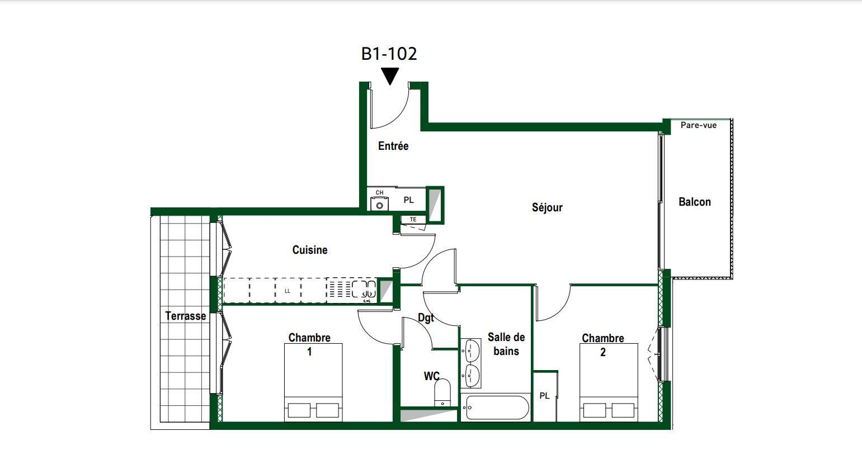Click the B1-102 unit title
pyautogui.click(x=389, y=54)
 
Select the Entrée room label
pyautogui.click(x=393, y=146)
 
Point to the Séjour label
pyautogui.click(x=547, y=208)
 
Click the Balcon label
pyautogui.click(x=695, y=202)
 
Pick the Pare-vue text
pyautogui.click(x=699, y=125)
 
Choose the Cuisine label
pyautogui.click(x=310, y=250)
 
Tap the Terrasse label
pyautogui.click(x=186, y=316)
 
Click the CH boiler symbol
pyautogui.click(x=379, y=204)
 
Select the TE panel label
pyautogui.click(x=413, y=219)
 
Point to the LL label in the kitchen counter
pyautogui.click(x=288, y=291)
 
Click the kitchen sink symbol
pyautogui.click(x=364, y=289)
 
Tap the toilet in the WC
pyautogui.click(x=442, y=392)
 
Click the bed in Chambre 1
pyautogui.click(x=313, y=382)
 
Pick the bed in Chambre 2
pyautogui.click(x=609, y=382)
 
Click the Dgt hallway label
pyautogui.click(x=426, y=318)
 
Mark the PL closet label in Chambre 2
pyautogui.click(x=544, y=396)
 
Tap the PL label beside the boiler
pyautogui.click(x=409, y=200)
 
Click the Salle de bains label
pyautogui.click(x=506, y=344)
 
